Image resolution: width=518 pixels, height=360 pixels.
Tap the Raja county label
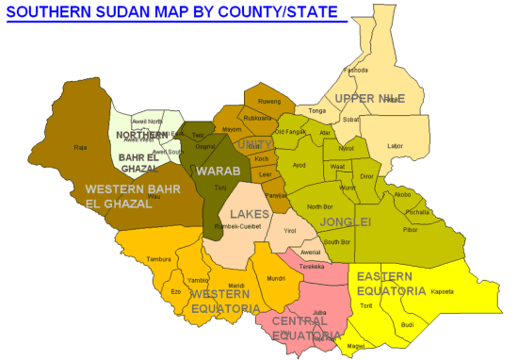[x=80, y=147]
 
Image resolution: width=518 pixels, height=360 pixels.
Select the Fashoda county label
[x=355, y=70]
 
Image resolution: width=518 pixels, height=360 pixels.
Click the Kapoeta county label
[x=443, y=291]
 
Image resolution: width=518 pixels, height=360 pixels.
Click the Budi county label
[x=407, y=325]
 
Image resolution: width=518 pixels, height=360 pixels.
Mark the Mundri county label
[x=276, y=279]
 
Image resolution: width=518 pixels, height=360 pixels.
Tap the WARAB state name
[x=218, y=172]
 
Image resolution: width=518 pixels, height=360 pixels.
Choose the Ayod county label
[x=299, y=165]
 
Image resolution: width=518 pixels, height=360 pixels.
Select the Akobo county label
[x=403, y=195]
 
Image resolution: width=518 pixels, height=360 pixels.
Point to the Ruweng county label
[x=269, y=101]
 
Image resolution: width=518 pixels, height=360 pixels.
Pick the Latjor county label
[x=395, y=145]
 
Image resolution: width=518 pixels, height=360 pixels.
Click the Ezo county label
[x=175, y=292]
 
